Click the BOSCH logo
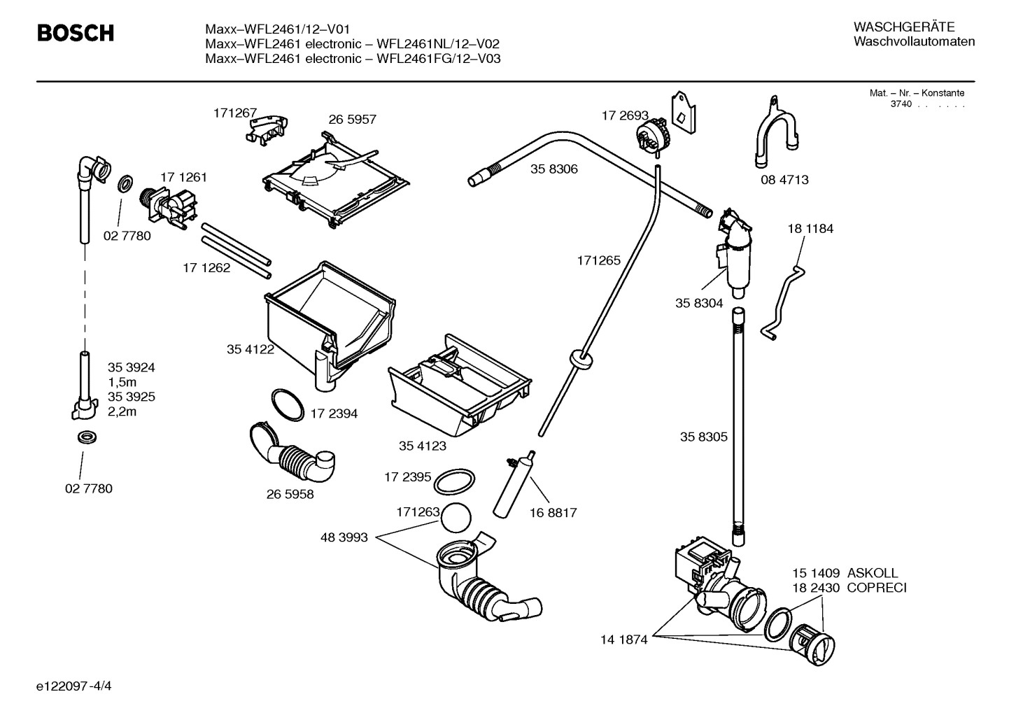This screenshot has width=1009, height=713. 75,33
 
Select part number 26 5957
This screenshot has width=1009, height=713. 352,120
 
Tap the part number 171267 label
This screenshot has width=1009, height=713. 235,113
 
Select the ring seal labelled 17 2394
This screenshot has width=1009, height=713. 288,405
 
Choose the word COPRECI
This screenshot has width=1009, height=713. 876,588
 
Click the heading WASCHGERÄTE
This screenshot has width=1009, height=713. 903,27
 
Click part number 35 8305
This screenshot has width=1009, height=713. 703,437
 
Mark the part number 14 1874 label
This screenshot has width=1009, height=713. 623,639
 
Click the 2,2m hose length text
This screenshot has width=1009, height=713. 122,411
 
